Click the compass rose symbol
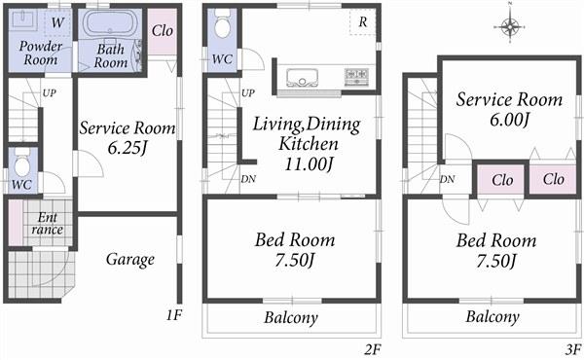coord(511,27)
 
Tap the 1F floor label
coord(174,315)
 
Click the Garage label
coord(129,260)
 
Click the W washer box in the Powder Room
coord(57,21)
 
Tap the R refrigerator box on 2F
coord(362,21)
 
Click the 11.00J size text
coord(308,162)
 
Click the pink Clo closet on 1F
coord(163,29)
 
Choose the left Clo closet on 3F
coord(502,180)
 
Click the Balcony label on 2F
coord(291,318)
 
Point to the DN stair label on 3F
coord(448,179)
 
